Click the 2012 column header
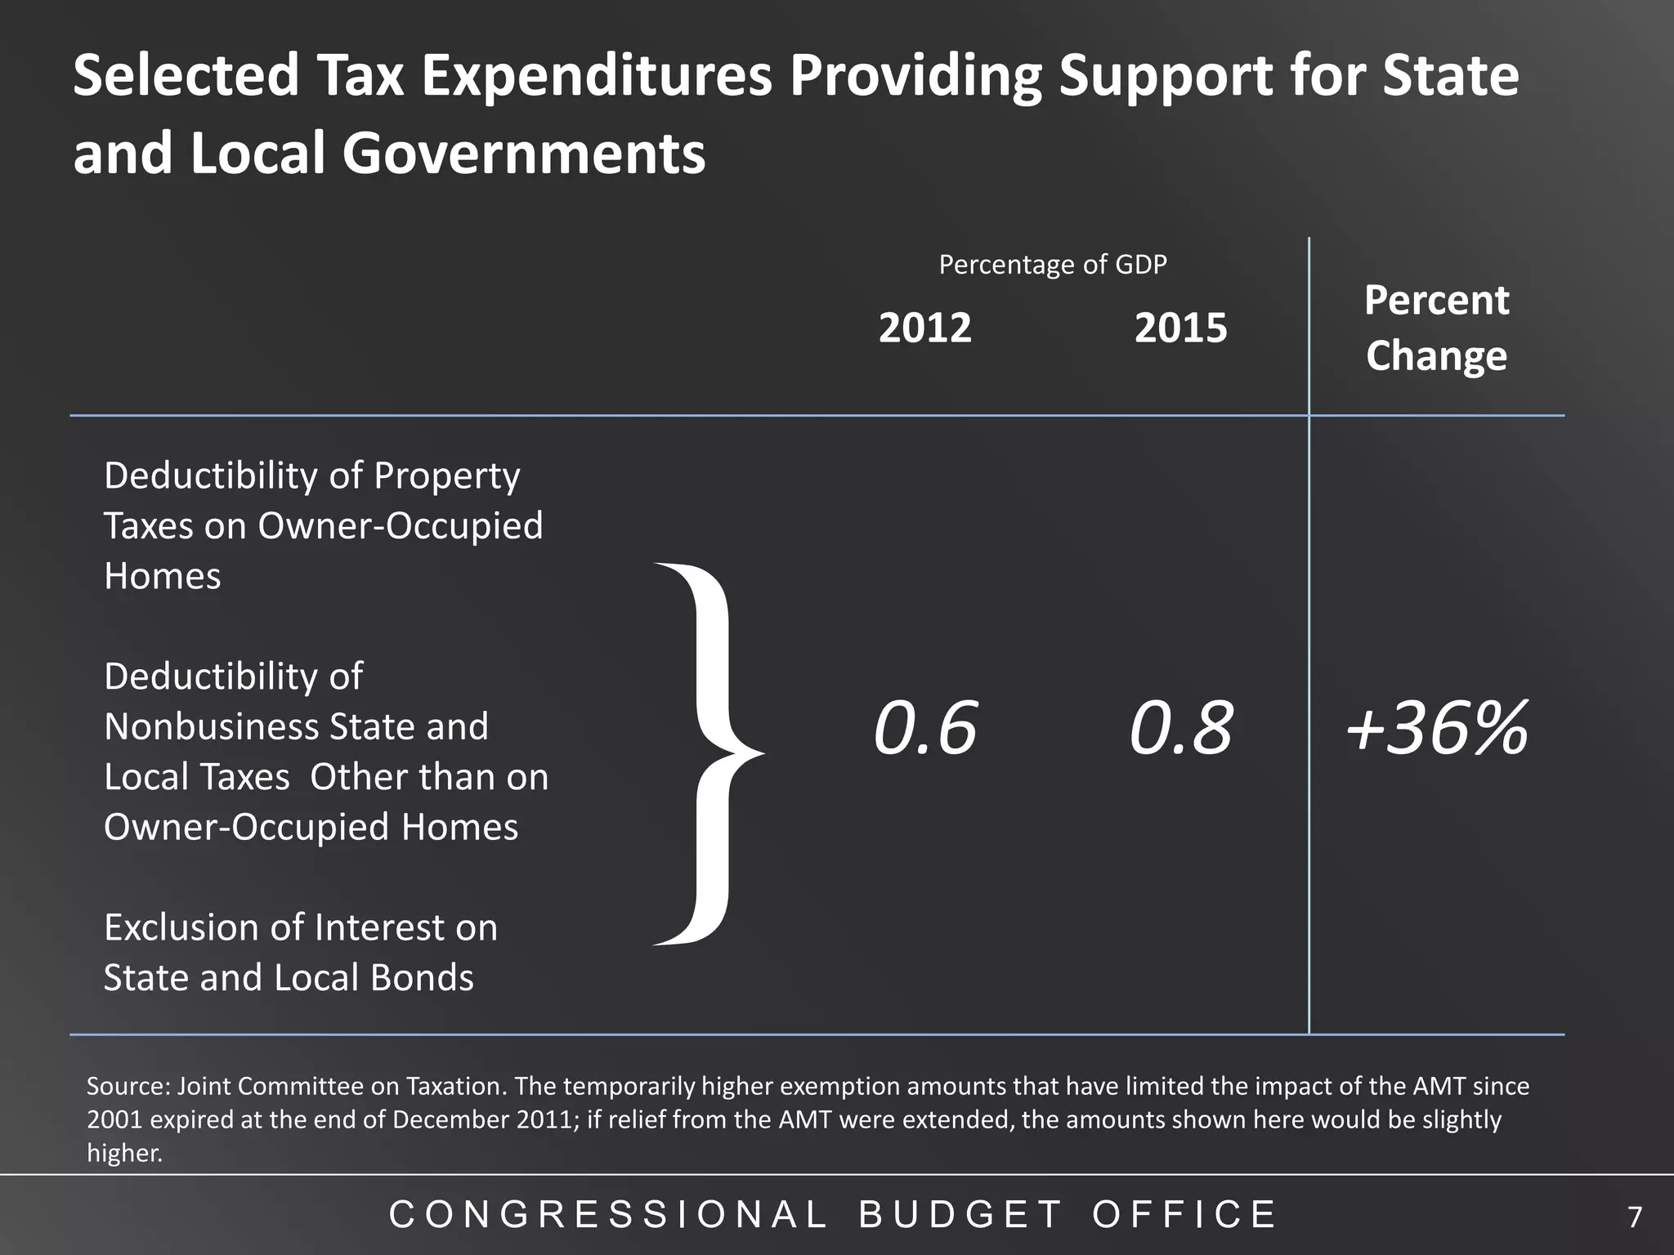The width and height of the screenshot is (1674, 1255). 924,328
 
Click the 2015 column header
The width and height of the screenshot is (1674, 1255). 1180,328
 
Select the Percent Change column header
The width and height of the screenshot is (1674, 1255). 1436,328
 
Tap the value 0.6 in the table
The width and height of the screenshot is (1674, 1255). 924,728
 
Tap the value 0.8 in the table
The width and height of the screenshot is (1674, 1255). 1180,728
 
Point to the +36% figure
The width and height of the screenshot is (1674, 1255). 1436,728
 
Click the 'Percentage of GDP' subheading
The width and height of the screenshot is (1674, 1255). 1052,265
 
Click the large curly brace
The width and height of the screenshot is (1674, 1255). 708,753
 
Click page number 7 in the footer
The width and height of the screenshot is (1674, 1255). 1634,1218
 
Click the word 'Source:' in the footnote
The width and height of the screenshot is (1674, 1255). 128,1087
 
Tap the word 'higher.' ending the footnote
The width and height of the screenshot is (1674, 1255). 124,1153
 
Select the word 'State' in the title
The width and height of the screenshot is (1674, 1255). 1451,76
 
